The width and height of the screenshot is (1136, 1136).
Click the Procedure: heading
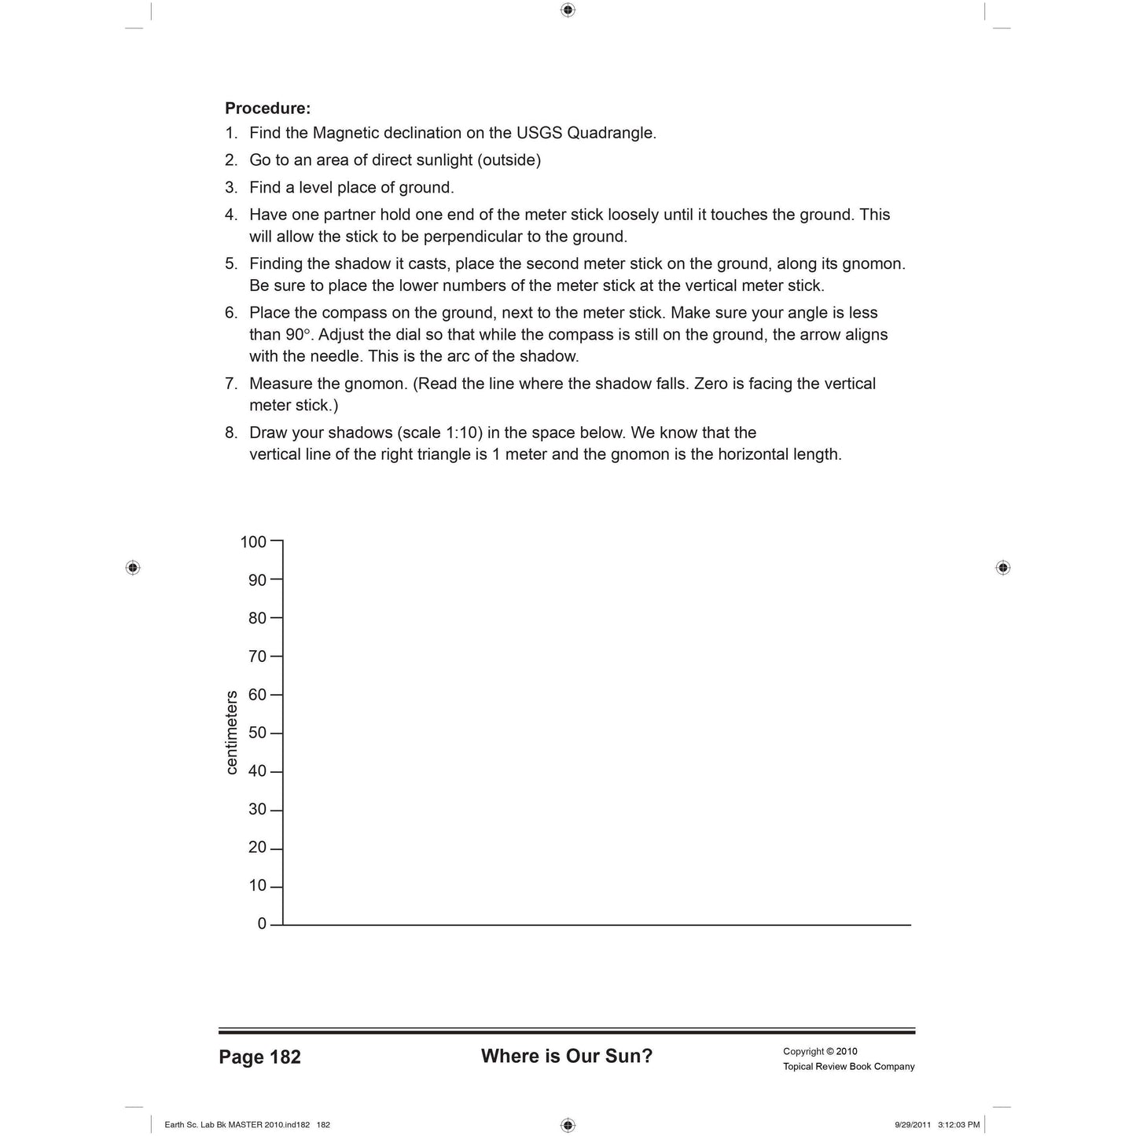coord(267,108)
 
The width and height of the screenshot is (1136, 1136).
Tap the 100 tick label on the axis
coord(253,542)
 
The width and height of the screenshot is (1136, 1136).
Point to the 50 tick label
coord(257,733)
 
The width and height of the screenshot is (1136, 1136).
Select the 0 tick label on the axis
coord(262,925)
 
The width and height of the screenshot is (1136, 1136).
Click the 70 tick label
coord(257,656)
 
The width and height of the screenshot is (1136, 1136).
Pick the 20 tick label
coord(257,847)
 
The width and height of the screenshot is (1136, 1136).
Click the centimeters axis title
coord(231,733)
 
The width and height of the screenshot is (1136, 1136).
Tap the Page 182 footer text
coord(259,1057)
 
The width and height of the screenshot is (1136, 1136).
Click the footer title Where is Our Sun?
coord(567,1056)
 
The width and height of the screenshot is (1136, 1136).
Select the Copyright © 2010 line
coord(820,1051)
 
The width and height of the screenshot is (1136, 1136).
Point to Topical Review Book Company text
coord(848,1067)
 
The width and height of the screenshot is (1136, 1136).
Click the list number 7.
coord(231,384)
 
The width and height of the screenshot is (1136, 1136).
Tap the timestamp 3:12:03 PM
coord(958,1125)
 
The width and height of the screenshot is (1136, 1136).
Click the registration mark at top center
coord(568,10)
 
